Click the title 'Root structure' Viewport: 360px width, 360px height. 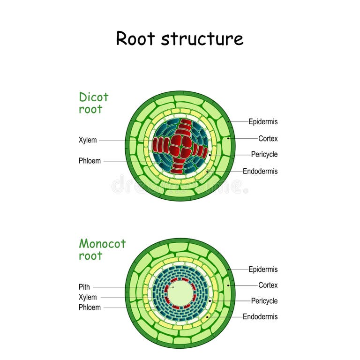tap(180, 38)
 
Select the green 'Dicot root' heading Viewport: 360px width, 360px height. tap(93, 103)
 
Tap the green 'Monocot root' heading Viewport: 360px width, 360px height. tap(102, 249)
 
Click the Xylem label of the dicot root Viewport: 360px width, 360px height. tap(88, 140)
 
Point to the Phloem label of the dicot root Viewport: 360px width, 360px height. tap(90, 161)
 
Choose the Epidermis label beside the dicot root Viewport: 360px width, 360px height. tap(263, 122)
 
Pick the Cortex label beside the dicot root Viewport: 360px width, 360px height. tap(268, 139)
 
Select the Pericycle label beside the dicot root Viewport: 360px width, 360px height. tap(264, 154)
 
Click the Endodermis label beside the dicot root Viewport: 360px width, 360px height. tap(260, 171)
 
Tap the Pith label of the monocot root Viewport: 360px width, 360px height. tap(84, 287)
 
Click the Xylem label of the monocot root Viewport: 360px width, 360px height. tap(88, 297)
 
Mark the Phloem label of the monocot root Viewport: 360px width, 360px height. tap(90, 307)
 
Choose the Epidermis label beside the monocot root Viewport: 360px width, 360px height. tap(263, 270)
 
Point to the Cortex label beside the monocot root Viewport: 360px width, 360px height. tap(268, 285)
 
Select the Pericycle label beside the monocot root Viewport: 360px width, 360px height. tap(264, 301)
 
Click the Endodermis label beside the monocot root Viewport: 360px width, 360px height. tap(260, 316)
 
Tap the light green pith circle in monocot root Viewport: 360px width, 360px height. tap(180, 293)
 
